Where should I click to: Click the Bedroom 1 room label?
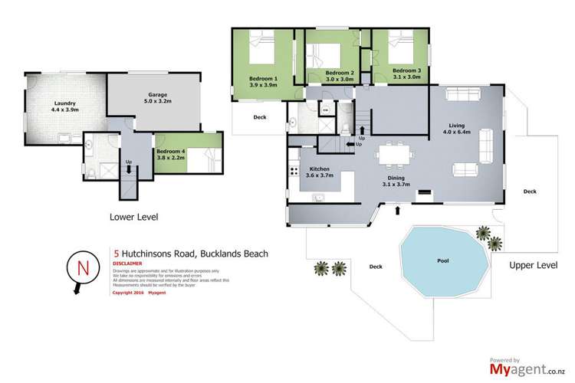click(x=263, y=82)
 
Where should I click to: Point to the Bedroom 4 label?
click(x=171, y=155)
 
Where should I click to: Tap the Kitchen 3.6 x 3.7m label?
click(x=318, y=173)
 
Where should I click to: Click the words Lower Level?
click(x=133, y=218)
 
